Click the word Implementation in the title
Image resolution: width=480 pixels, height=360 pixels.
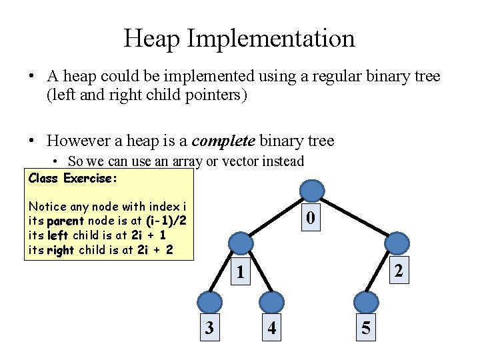pyautogui.click(x=271, y=38)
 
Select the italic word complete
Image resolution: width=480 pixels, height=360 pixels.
pyautogui.click(x=223, y=141)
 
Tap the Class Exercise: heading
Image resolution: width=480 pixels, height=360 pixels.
pyautogui.click(x=73, y=178)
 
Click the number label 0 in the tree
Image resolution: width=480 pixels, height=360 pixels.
pyautogui.click(x=310, y=217)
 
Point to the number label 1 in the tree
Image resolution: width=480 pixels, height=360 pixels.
pyautogui.click(x=240, y=272)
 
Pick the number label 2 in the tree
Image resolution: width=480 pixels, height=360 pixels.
pyautogui.click(x=398, y=271)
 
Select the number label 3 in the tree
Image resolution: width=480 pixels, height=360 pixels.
pyautogui.click(x=209, y=327)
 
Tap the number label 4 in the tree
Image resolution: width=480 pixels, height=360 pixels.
pyautogui.click(x=272, y=328)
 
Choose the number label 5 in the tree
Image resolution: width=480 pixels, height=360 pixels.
pyautogui.click(x=366, y=327)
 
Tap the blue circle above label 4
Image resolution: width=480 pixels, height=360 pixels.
pyautogui.click(x=271, y=301)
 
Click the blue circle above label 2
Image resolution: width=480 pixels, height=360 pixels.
pyautogui.click(x=397, y=242)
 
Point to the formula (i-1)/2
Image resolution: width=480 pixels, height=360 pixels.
pyautogui.click(x=166, y=221)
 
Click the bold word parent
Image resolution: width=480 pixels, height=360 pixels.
pyautogui.click(x=65, y=221)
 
